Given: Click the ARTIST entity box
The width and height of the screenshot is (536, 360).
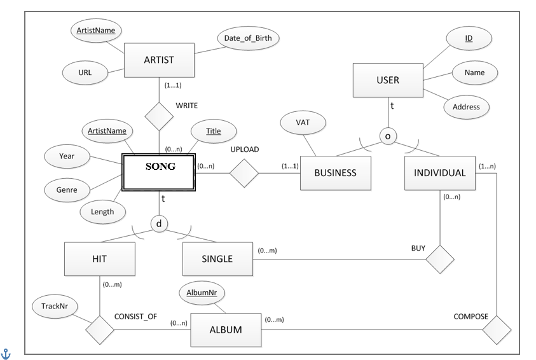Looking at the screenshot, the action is coord(159,60).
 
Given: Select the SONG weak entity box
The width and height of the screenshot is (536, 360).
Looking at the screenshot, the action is coord(158,172).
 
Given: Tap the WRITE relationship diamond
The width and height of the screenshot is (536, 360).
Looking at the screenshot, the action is coord(159,116).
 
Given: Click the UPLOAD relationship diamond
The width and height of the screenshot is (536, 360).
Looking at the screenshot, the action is coord(244,173).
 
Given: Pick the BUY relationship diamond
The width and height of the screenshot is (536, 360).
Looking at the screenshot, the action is coord(440,259).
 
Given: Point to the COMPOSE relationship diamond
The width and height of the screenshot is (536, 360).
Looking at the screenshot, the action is coord(497,330).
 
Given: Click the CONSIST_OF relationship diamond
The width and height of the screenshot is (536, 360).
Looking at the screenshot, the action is coord(100,330).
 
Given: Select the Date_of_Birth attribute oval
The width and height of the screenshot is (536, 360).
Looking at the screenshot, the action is coord(248,38).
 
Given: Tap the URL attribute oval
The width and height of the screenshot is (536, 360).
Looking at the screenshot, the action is coord(85,73).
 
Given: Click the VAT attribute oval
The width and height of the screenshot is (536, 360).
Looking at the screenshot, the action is coord(303,122).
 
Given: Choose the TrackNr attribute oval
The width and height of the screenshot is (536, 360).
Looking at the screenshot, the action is coord(55,306).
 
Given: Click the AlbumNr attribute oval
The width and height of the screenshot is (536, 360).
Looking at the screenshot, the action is coord(202,293).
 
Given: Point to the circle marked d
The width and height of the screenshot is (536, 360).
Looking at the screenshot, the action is coord(159,224).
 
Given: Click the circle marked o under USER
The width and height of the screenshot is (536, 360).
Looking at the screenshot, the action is coord(388,136).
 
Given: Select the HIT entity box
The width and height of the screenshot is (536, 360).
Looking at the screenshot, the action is coord(100,259).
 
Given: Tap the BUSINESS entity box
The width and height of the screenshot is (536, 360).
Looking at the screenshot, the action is coord(336,173).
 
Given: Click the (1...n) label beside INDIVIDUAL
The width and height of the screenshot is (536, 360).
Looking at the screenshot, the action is coord(487,166).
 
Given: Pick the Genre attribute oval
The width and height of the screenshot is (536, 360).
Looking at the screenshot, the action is coord(67,190).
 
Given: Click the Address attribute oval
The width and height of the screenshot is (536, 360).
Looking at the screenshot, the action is coord(466,107).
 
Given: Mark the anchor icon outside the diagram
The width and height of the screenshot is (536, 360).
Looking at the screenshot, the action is coord(6,354).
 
